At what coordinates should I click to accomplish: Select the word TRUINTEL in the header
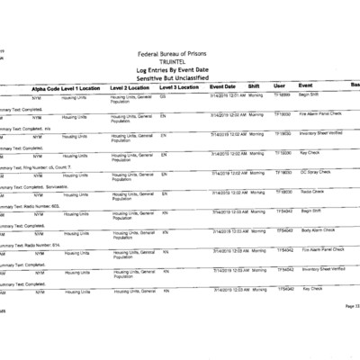179,64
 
